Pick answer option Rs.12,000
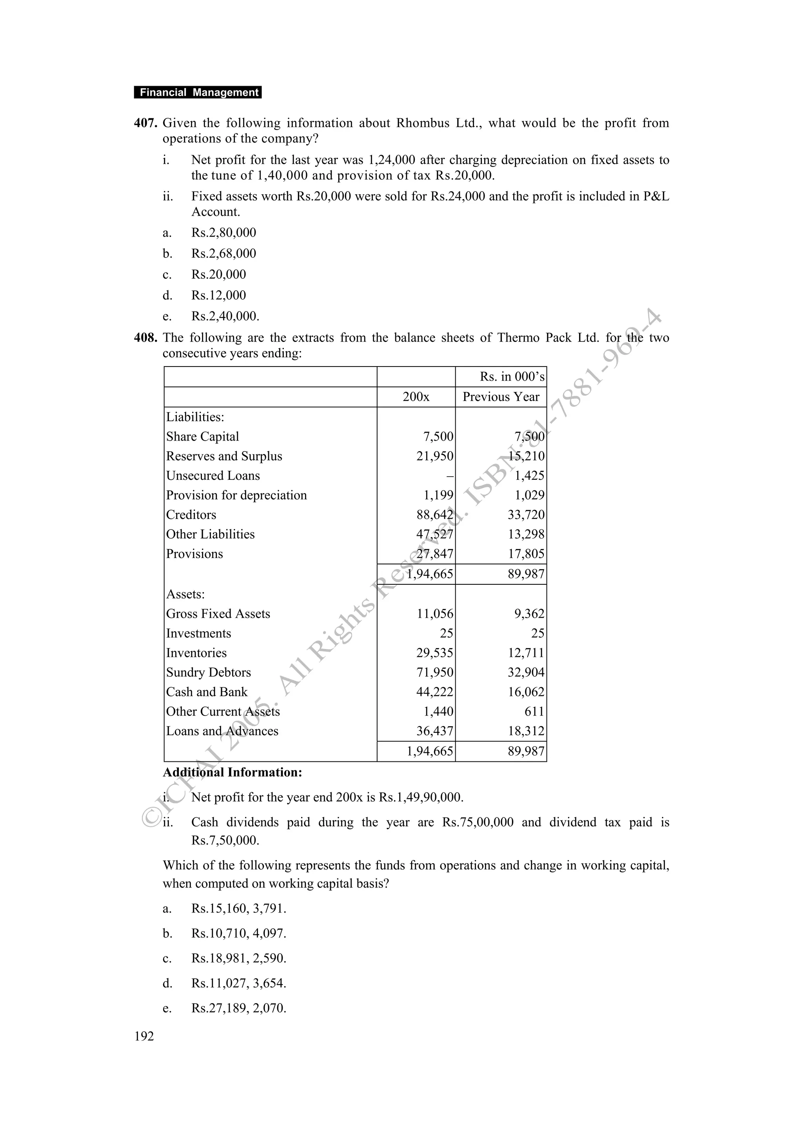[x=219, y=295]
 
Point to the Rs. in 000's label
[x=512, y=377]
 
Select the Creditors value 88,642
[x=434, y=515]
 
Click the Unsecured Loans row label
[x=213, y=475]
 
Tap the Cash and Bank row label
[x=206, y=692]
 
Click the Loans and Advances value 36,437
[x=434, y=731]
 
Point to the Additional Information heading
[x=233, y=773]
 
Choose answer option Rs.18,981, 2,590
[x=238, y=958]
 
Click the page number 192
[x=144, y=1036]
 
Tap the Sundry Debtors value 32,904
[x=526, y=673]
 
